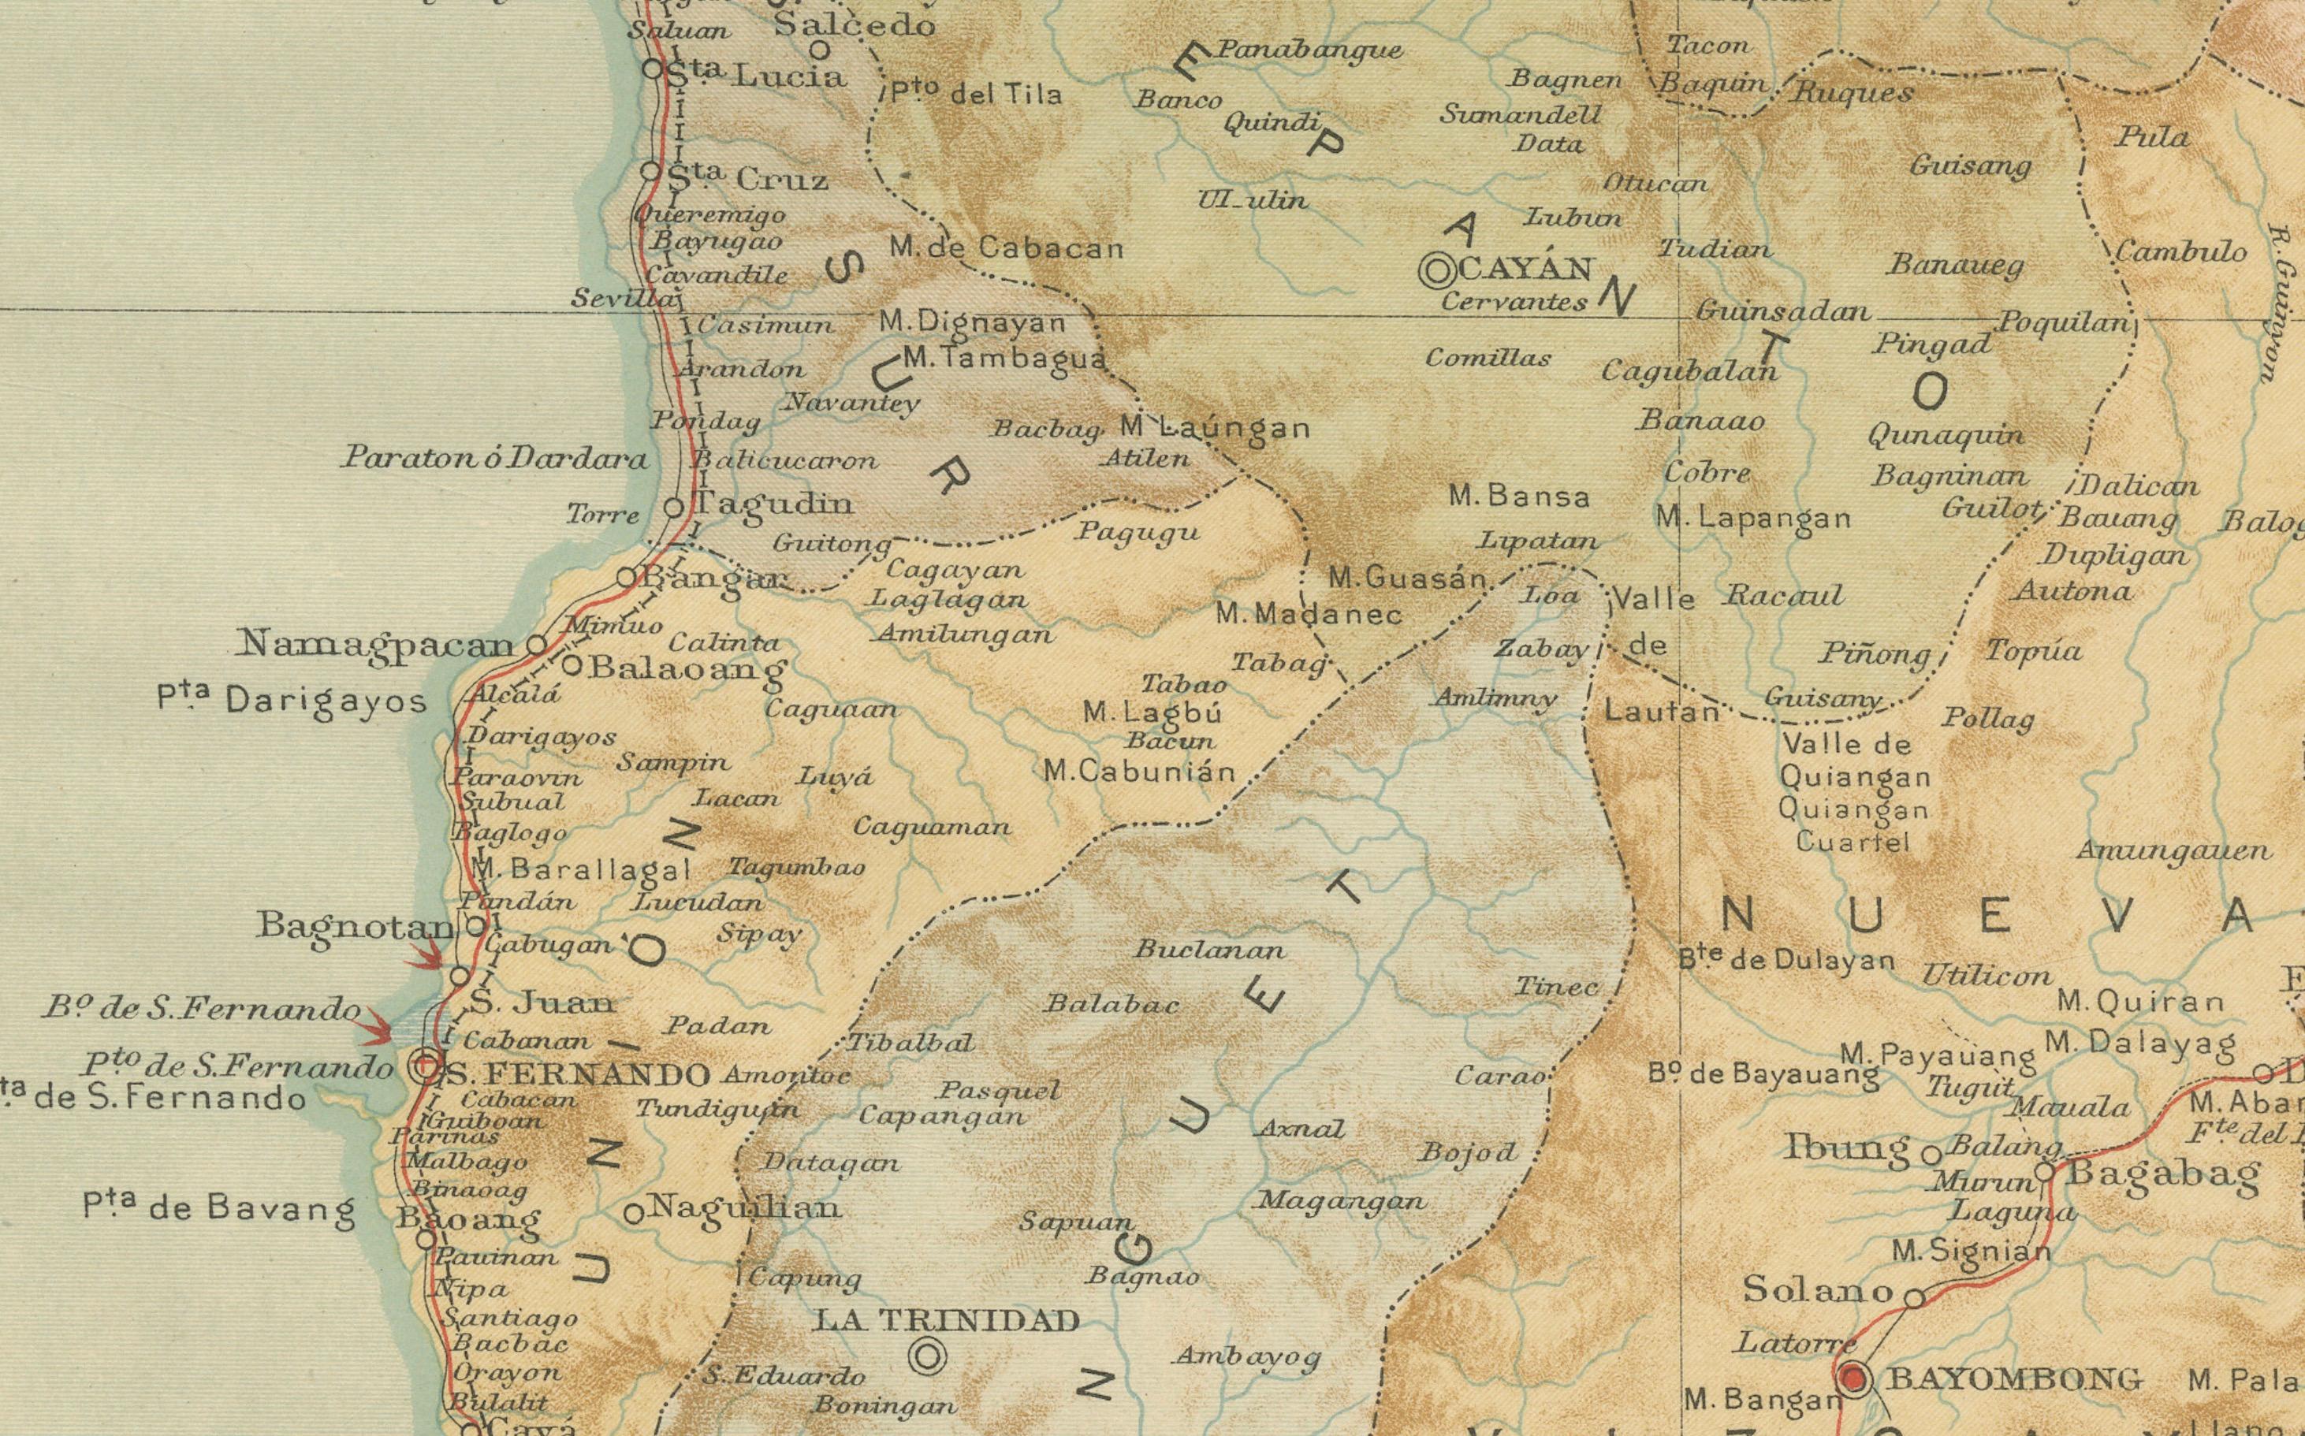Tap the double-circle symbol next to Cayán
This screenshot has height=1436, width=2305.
(x=1437, y=270)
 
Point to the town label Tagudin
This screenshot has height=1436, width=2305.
(x=774, y=504)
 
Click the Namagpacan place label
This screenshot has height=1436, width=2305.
(x=376, y=645)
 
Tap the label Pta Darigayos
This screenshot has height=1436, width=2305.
(x=292, y=701)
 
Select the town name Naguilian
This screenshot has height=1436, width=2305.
(x=745, y=1207)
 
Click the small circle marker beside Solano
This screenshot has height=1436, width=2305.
(x=1916, y=1296)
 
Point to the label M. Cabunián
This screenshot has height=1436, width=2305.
(x=1140, y=771)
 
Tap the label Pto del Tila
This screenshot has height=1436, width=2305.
(x=975, y=93)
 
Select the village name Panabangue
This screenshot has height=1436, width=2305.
(x=1309, y=50)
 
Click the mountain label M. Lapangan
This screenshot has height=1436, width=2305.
(x=1753, y=519)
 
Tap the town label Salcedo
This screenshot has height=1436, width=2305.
(x=855, y=26)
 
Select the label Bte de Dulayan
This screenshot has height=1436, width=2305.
(x=1786, y=960)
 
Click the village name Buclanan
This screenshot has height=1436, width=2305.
(x=1209, y=949)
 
